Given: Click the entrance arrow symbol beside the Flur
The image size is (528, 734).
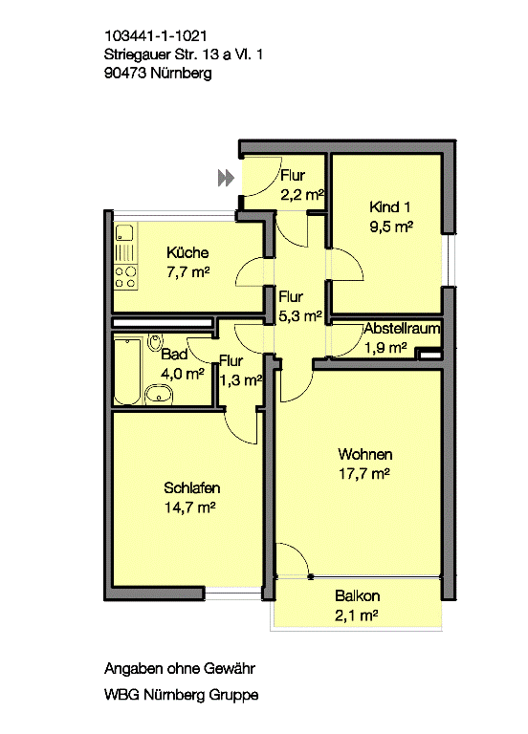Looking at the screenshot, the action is [226, 178].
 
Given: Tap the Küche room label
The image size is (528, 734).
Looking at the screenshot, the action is [187, 252].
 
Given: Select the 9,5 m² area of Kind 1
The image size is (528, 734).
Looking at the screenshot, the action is [391, 227].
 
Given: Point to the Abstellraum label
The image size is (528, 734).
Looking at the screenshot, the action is [403, 328].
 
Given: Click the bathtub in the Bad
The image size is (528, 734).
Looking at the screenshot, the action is [127, 371].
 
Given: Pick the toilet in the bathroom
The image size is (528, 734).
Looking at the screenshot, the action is [155, 342].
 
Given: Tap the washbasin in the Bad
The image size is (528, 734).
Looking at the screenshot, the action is [159, 395].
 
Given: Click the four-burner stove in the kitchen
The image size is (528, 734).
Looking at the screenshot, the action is [125, 277].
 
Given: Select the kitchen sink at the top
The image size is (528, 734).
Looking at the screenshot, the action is [124, 233].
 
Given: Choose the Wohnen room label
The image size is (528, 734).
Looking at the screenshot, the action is [365, 454].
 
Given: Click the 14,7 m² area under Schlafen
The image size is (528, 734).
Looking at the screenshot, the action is [189, 507].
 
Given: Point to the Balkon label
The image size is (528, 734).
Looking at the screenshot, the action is [357, 596].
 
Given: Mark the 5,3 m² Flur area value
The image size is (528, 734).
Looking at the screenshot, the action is [300, 316].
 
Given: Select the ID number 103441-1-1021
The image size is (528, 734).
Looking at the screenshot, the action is [156, 36].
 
